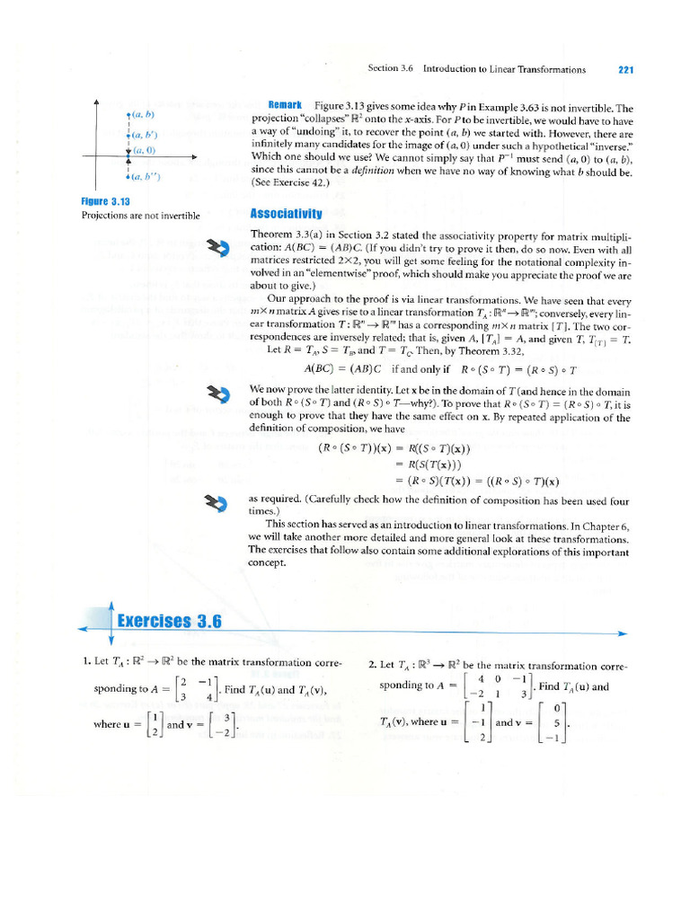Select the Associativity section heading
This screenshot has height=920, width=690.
pos(286,214)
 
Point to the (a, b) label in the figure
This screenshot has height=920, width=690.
pos(143,115)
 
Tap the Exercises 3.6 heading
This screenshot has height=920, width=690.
pos(170,621)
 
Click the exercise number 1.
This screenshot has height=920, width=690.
pos(84,662)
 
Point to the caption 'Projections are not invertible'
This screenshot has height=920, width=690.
pos(141,216)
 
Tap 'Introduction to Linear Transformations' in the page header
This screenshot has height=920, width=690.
pos(504,69)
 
